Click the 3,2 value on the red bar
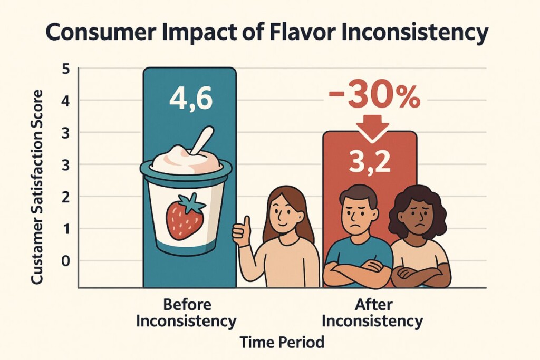pos(370,161)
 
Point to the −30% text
pos(374,96)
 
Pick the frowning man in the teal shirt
pos(358,237)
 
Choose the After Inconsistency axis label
pos(372,313)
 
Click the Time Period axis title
pos(282,342)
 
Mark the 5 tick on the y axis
pos(66,69)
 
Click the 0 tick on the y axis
pos(66,260)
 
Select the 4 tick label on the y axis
pos(66,100)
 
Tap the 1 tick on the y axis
pos(66,229)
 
